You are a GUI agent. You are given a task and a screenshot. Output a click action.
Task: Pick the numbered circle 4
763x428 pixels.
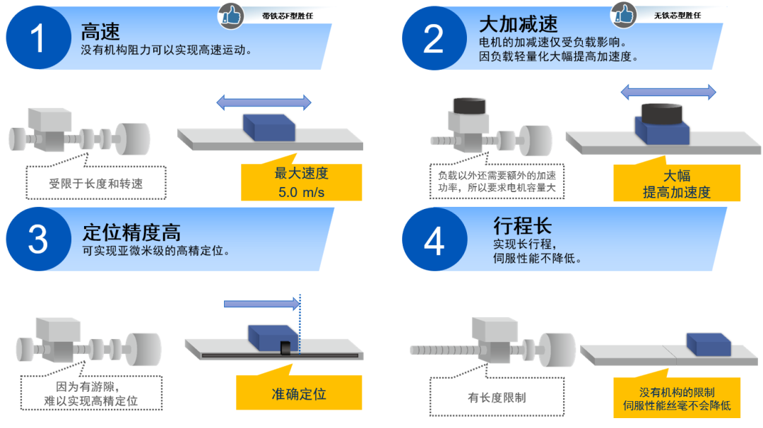432,240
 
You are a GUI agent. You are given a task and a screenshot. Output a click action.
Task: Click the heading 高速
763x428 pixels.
100,30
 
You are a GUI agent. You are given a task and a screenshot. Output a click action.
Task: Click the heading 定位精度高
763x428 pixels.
131,232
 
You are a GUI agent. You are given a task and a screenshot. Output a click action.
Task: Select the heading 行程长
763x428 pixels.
522,226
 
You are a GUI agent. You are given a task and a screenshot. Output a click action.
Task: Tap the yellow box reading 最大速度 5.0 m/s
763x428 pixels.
302,183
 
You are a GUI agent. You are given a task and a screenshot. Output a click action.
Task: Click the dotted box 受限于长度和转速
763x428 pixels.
96,184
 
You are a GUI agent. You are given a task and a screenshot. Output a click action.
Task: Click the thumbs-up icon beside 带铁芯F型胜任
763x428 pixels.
230,13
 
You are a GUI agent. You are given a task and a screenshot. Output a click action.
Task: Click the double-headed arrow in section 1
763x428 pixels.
264,103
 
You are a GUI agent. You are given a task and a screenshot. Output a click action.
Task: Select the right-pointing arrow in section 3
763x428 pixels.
261,304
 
